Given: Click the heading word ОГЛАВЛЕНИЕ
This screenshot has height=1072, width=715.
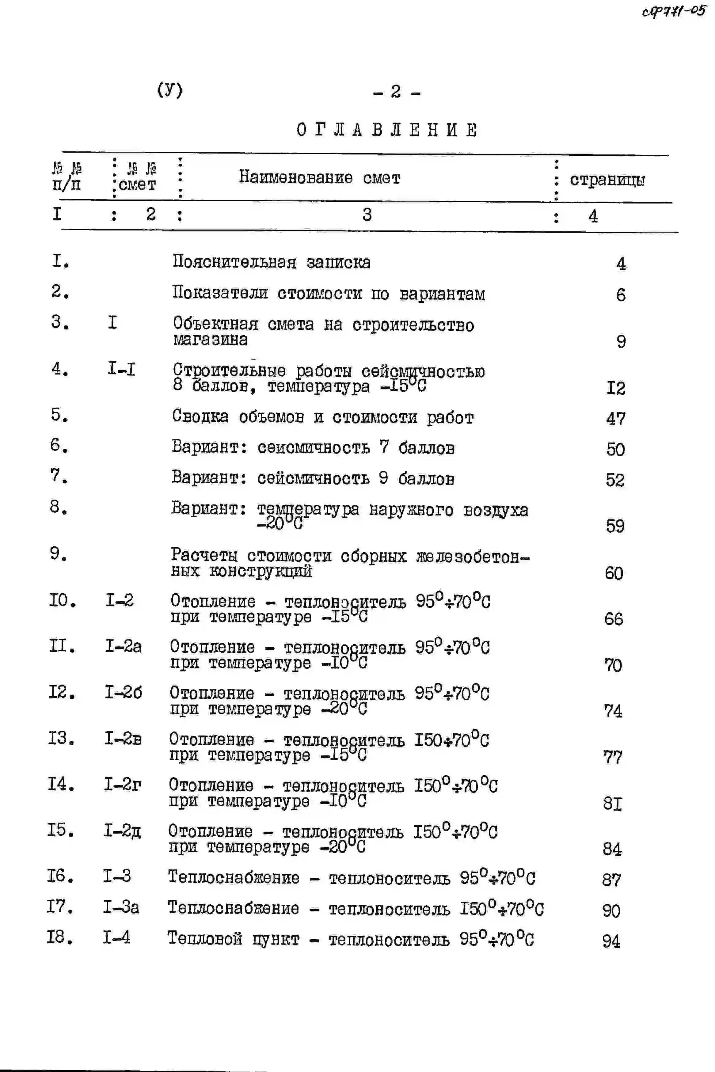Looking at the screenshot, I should pyautogui.click(x=387, y=131).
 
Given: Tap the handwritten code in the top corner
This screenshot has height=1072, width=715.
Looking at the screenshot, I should pyautogui.click(x=674, y=11).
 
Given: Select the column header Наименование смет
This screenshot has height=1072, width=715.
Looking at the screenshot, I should pyautogui.click(x=319, y=177).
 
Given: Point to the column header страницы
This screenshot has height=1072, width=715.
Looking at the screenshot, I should pyautogui.click(x=607, y=180).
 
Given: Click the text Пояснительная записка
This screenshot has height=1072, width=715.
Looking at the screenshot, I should pyautogui.click(x=271, y=262).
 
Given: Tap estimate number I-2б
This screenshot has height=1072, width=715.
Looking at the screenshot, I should pyautogui.click(x=123, y=693).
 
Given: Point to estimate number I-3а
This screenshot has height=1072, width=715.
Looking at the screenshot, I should pyautogui.click(x=121, y=907).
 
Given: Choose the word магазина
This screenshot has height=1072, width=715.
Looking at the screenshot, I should pyautogui.click(x=210, y=340).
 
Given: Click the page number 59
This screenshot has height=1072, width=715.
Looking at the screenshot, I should pyautogui.click(x=615, y=526).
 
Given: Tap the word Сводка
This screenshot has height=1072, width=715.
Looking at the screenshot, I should pyautogui.click(x=200, y=416).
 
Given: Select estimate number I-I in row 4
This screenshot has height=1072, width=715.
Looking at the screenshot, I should pyautogui.click(x=121, y=368).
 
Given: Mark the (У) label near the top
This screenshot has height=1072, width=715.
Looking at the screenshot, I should pyautogui.click(x=169, y=89).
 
